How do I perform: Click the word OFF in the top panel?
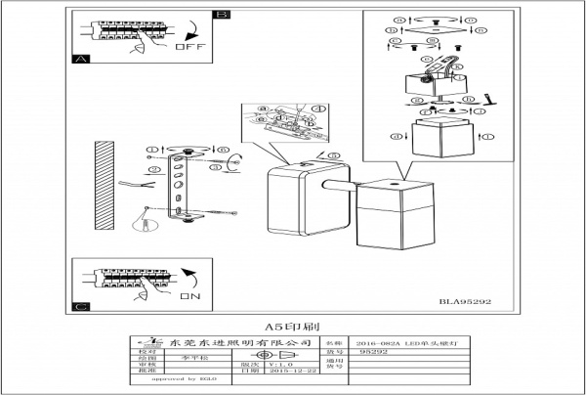pos(189,46)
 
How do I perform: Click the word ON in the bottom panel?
pos(189,293)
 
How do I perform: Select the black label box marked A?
pos(80,60)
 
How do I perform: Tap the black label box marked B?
pos(222,14)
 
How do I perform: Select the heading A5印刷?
pos(292,326)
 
